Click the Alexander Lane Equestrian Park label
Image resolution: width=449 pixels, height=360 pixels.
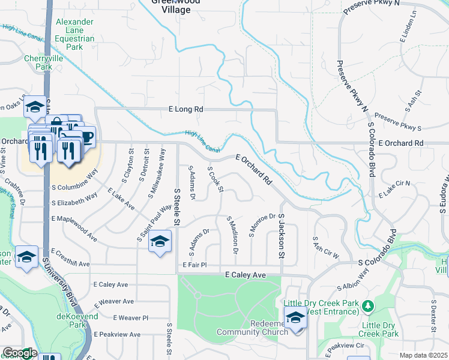tap(75, 34)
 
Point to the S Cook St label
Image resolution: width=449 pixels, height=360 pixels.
tap(215, 180)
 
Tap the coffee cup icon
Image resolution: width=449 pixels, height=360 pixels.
tap(87, 137)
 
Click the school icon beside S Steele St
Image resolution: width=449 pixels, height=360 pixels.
tap(160, 242)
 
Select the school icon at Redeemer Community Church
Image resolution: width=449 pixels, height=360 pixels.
tap(295, 318)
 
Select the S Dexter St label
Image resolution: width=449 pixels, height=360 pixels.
tap(433, 313)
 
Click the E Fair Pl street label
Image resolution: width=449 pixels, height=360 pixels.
tap(194, 265)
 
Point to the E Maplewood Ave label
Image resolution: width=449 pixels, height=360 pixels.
tap(74, 234)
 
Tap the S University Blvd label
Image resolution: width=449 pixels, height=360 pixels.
tap(56, 282)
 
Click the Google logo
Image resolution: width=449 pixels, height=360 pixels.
tap(19, 353)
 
